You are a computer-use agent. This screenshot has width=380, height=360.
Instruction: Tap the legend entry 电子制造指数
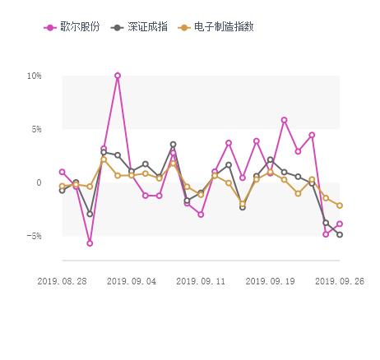coord(223,26)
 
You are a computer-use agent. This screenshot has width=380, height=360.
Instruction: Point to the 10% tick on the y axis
coord(34,76)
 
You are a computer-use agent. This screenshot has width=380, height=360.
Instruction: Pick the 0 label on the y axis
coord(39,182)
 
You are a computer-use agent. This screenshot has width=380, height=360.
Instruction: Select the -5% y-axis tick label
coord(34,236)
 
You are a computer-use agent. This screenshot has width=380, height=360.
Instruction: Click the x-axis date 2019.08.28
coord(62,280)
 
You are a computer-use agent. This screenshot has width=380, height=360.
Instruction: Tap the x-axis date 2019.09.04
coord(132,280)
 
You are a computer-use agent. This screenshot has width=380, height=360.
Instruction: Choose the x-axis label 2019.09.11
coord(201,280)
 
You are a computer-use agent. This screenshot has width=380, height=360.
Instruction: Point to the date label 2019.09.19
coord(271,280)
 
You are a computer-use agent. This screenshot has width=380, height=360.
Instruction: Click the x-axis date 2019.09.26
coord(340,280)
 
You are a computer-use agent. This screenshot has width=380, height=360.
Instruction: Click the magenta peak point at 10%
coord(118,76)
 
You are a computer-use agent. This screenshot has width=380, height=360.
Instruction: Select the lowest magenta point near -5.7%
coord(90,243)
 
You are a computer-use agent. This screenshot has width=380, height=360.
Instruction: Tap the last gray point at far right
coord(340,235)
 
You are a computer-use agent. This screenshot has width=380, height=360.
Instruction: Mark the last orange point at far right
coord(340,205)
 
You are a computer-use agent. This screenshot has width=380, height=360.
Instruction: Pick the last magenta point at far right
coord(340,224)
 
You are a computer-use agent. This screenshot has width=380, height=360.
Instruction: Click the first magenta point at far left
coord(62,172)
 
